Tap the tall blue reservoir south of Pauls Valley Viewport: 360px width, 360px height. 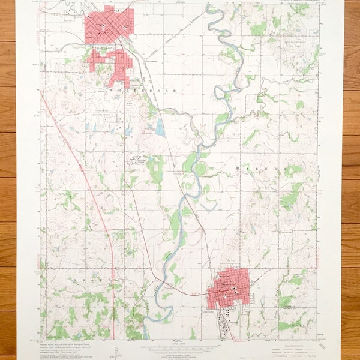(159, 126)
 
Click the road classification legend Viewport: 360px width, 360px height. (288, 348)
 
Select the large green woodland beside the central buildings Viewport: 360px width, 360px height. (155, 169)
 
